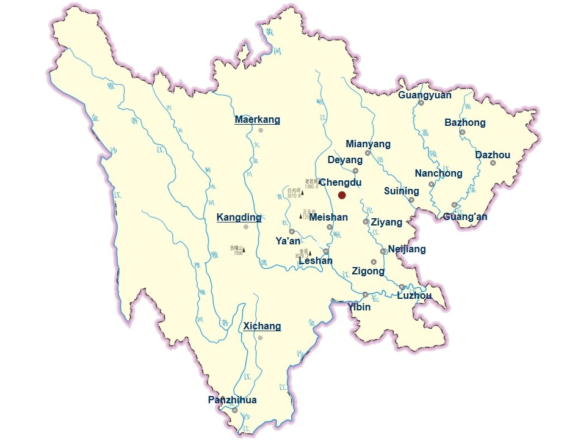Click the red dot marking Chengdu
click(x=342, y=195)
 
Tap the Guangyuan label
click(x=425, y=95)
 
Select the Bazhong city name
click(x=465, y=123)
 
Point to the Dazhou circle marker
click(x=493, y=163)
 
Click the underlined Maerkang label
click(x=257, y=120)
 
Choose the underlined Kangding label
click(x=239, y=218)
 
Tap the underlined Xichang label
click(x=262, y=326)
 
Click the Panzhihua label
click(x=232, y=400)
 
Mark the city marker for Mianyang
click(x=367, y=153)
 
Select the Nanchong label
click(x=438, y=174)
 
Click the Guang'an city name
click(x=465, y=217)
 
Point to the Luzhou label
click(x=414, y=296)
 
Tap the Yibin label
click(x=359, y=307)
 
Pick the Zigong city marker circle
click(x=374, y=262)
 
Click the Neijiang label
click(x=407, y=249)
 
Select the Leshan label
click(x=316, y=262)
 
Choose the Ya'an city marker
click(x=292, y=231)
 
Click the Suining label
click(x=401, y=191)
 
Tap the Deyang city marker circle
click(x=355, y=171)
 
